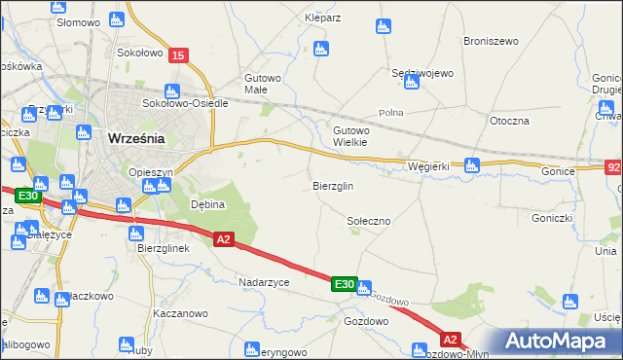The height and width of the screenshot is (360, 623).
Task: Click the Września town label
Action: pos(135,138)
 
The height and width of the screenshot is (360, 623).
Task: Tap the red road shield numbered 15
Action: pos(177,56)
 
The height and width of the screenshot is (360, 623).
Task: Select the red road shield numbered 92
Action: pos(613,169)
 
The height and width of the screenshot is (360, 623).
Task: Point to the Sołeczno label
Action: pos(369,222)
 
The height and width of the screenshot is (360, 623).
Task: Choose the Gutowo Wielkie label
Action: pos(350,135)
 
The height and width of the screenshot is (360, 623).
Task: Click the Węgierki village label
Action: pos(428,166)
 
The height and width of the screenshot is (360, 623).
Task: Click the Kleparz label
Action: pos(322,18)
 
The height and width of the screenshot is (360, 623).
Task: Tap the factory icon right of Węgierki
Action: pos(472,165)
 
